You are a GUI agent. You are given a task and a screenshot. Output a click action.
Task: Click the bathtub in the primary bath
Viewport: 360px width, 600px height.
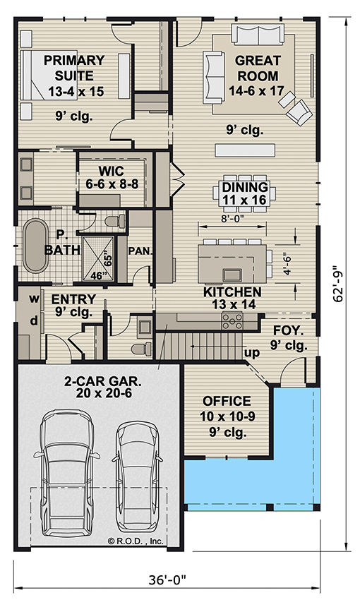tap(36, 246)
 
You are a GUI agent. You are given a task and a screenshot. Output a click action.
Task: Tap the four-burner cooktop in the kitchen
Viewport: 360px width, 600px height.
tap(232, 320)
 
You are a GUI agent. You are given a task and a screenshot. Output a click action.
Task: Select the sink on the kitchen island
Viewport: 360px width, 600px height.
tap(232, 275)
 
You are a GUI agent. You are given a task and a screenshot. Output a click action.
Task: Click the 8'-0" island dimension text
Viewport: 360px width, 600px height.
tap(232, 219)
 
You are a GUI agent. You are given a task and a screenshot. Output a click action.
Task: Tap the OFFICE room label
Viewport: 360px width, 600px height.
tap(227, 401)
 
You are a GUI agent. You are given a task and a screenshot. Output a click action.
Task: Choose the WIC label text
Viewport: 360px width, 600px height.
tap(111, 171)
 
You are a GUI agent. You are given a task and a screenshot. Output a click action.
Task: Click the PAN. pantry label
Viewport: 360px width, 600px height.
tap(140, 251)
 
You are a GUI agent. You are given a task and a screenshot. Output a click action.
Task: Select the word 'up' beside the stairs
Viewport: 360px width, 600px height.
tap(252, 353)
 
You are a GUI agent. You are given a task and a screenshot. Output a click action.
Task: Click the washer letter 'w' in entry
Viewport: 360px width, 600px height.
tap(35, 299)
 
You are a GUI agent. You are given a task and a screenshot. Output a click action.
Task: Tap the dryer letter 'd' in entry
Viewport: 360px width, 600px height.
tap(34, 320)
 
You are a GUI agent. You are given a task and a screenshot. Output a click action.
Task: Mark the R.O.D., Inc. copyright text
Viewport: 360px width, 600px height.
tap(136, 541)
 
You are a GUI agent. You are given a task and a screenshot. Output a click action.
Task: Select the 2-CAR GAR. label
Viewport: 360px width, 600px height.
tap(103, 387)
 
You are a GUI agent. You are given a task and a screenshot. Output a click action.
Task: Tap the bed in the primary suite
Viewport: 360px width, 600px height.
tap(49, 75)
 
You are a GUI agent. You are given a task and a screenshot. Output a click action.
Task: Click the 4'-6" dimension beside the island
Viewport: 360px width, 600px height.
tap(287, 263)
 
